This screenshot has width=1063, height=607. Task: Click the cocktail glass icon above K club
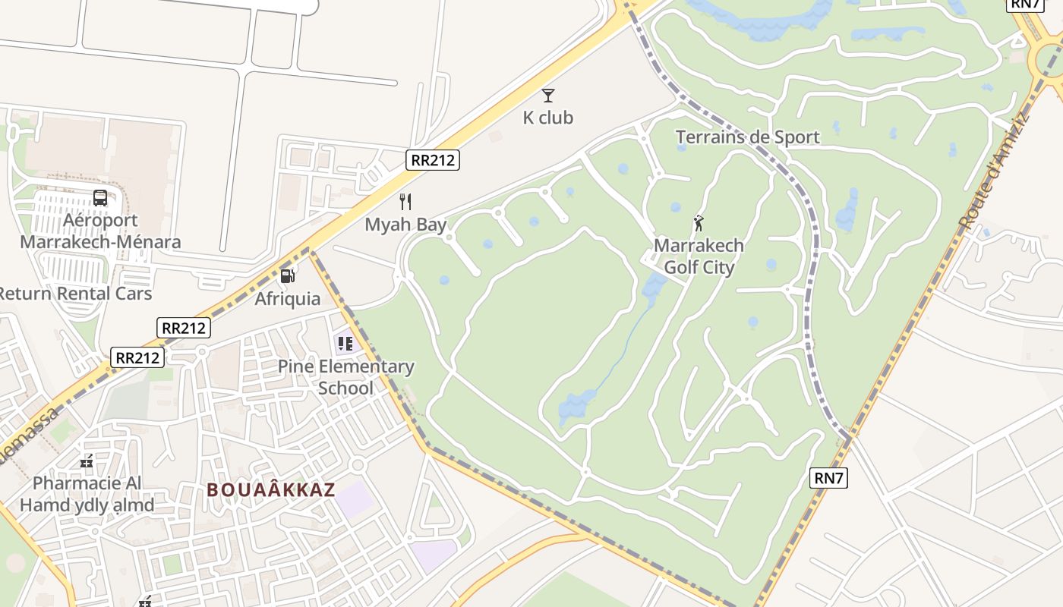pyautogui.click(x=547, y=96)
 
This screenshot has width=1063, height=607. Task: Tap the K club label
pyautogui.click(x=547, y=118)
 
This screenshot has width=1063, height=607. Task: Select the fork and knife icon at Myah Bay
pyautogui.click(x=405, y=202)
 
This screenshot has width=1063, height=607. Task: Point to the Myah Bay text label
pyautogui.click(x=405, y=225)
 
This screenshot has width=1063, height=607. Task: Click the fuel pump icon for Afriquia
pyautogui.click(x=287, y=276)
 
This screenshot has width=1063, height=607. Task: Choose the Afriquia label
pyautogui.click(x=287, y=299)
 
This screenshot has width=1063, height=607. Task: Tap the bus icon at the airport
pyautogui.click(x=100, y=198)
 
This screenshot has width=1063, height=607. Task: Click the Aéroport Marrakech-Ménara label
pyautogui.click(x=100, y=231)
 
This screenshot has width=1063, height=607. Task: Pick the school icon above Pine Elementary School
pyautogui.click(x=345, y=344)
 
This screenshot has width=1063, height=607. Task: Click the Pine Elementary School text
pyautogui.click(x=345, y=377)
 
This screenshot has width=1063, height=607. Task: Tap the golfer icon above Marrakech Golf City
pyautogui.click(x=699, y=224)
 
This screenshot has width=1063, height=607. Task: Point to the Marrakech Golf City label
pyautogui.click(x=699, y=256)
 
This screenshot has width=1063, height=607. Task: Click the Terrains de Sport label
pyautogui.click(x=747, y=137)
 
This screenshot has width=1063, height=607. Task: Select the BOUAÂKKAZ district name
pyautogui.click(x=271, y=490)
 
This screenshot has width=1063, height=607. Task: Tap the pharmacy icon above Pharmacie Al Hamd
pyautogui.click(x=87, y=461)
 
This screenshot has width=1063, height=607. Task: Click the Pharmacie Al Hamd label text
pyautogui.click(x=87, y=494)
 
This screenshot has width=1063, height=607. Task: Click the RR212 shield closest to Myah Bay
pyautogui.click(x=433, y=159)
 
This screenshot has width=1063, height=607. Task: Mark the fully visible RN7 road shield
pyautogui.click(x=828, y=478)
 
